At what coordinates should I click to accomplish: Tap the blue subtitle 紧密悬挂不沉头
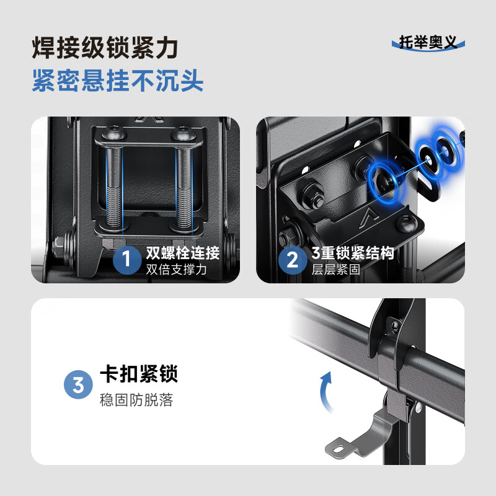click(117, 81)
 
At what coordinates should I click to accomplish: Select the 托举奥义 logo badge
click(428, 43)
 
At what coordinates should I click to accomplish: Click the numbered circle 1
click(127, 260)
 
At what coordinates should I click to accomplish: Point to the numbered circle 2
click(291, 260)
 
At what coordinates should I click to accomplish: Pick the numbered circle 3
click(78, 386)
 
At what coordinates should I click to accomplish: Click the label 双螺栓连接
click(182, 253)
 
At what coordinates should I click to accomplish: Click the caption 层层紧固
click(335, 269)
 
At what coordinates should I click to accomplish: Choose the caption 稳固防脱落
click(136, 400)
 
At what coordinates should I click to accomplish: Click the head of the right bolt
click(182, 133)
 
